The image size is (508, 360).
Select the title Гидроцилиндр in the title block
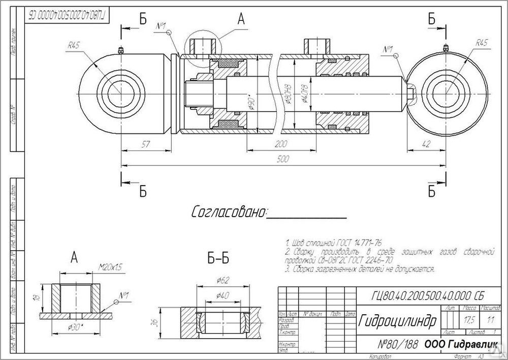(x=398, y=321)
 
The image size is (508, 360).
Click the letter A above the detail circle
(x=241, y=19)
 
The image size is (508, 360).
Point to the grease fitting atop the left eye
(x=120, y=50)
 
